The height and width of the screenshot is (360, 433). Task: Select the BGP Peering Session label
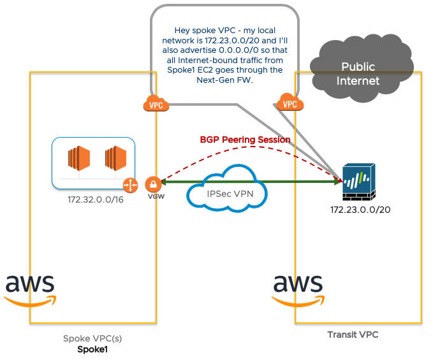point(246,140)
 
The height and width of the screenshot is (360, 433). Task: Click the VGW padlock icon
point(152,185)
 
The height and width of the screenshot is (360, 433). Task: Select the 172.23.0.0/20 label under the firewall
point(360,210)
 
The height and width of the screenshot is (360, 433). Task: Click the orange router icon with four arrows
point(130,185)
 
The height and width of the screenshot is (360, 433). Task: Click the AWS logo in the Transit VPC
point(298,290)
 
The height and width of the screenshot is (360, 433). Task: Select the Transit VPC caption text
point(353,335)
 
